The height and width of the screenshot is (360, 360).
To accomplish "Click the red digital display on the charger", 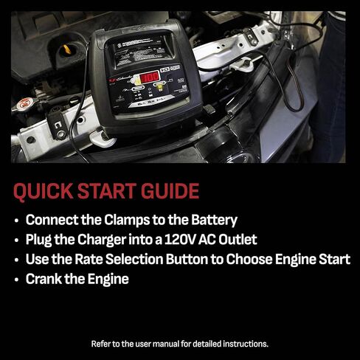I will (150, 77).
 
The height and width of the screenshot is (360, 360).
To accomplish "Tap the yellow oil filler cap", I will (67, 49).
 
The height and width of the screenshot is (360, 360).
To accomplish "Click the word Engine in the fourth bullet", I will (108, 280).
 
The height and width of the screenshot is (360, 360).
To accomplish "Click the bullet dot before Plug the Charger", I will (17, 240).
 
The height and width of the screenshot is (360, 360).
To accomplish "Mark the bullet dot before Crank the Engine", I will (17, 280).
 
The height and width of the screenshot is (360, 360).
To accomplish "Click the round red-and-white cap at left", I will (25, 103).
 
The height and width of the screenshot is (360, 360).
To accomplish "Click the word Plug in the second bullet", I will (39, 240).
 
